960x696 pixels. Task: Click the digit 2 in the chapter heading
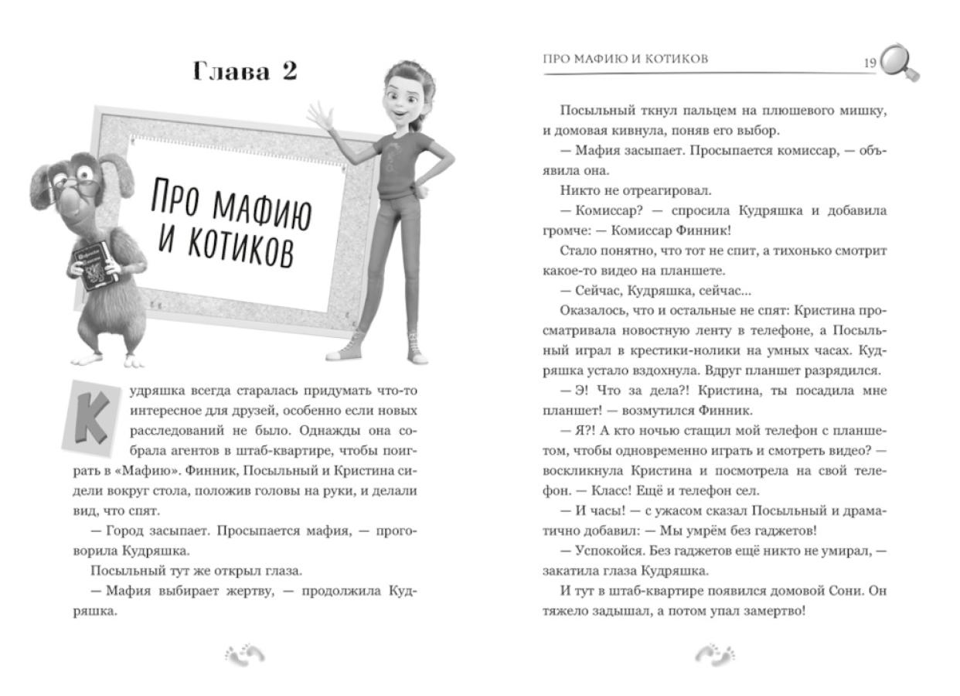coord(288,72)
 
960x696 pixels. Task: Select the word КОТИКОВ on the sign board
coord(226,246)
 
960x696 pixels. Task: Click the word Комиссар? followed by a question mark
coord(591,210)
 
